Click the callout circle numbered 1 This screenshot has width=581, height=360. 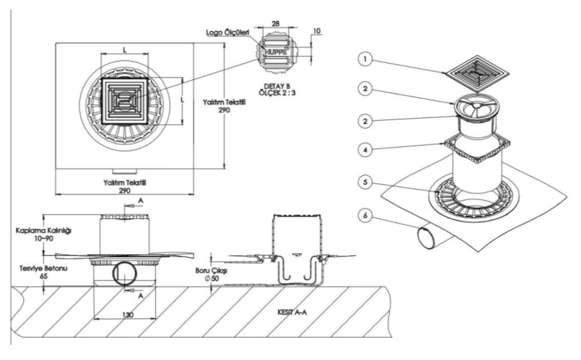[365, 59]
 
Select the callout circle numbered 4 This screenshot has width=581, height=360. [365, 150]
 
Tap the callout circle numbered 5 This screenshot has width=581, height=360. [365, 182]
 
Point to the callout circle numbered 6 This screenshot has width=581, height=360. [365, 216]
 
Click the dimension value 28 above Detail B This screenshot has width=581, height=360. [276, 23]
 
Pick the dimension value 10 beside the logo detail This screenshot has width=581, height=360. [317, 31]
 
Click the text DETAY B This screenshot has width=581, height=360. [277, 86]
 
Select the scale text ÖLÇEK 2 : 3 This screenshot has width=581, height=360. [277, 93]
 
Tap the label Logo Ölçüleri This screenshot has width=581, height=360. [228, 32]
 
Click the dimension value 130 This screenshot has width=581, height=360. [128, 315]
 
